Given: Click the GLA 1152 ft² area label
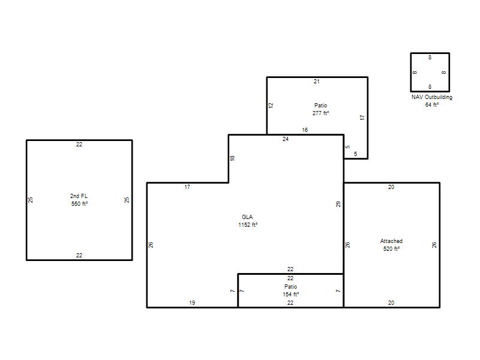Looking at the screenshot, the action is [x=248, y=221].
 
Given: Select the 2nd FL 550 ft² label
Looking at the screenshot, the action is [x=79, y=200].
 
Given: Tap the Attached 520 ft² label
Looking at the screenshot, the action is [x=391, y=245].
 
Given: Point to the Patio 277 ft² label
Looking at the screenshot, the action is [x=320, y=109].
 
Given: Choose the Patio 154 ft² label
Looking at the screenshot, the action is [x=290, y=290].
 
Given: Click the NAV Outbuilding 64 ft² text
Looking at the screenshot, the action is [x=431, y=101].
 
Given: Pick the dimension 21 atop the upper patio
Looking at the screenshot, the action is [x=317, y=82].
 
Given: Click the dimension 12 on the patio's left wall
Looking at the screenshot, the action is [x=271, y=105].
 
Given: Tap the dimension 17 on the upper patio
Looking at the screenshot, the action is [x=362, y=117].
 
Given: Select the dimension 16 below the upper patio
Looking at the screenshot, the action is [x=305, y=130].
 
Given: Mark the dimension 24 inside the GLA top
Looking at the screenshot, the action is [x=286, y=139].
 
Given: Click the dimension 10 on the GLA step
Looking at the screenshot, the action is [x=232, y=158].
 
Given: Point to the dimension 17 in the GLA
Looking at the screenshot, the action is [x=187, y=187].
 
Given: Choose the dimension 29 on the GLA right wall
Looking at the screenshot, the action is [x=338, y=204].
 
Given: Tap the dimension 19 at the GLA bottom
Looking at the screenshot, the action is [x=192, y=303].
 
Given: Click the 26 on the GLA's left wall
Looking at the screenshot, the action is [x=151, y=245].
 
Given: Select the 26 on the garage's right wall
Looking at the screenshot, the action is [x=434, y=245].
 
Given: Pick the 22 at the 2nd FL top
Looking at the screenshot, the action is [x=79, y=145].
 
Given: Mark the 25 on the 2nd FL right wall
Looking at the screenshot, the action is [x=127, y=200].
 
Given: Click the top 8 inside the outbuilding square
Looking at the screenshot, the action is [x=430, y=58].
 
